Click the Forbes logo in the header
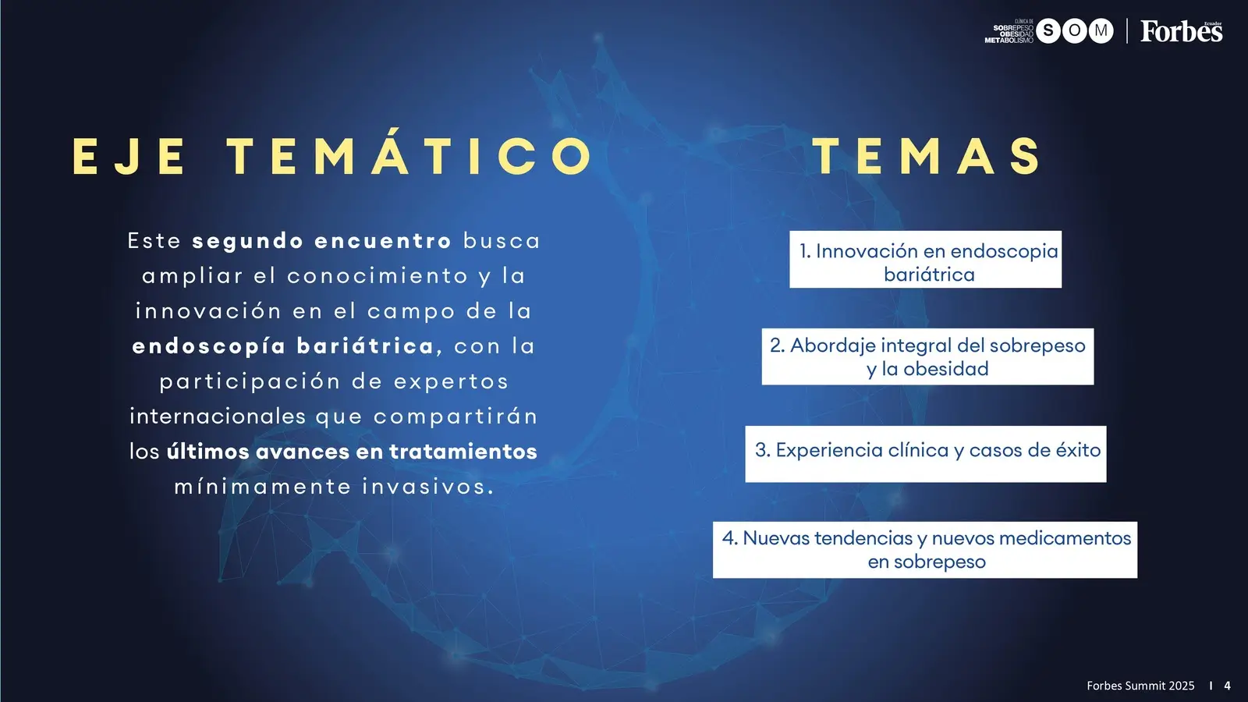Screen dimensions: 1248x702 pos(1181,31)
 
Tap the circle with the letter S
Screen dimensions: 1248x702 pos(1048,31)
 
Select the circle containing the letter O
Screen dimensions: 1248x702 pos(1074,31)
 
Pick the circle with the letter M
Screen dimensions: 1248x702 pos(1101,31)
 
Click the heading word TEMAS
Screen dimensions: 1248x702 pos(927,156)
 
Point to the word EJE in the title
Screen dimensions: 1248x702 pos(129,157)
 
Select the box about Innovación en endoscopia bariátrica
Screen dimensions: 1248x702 pos(925,259)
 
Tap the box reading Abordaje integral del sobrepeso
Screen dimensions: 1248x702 pos(927,356)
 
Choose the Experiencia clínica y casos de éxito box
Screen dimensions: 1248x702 pos(926,454)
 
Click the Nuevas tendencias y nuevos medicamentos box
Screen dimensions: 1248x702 pos(925,550)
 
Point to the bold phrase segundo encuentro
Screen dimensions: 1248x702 pos(321,241)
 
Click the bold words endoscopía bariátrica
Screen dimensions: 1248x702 pos(283,346)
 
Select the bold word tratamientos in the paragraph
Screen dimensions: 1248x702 pos(463,452)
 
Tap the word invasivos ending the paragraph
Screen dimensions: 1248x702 pos(428,487)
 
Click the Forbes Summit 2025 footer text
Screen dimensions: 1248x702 pos(1140,686)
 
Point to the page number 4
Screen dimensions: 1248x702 pos(1228,686)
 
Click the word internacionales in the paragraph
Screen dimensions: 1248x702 pos(218,417)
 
